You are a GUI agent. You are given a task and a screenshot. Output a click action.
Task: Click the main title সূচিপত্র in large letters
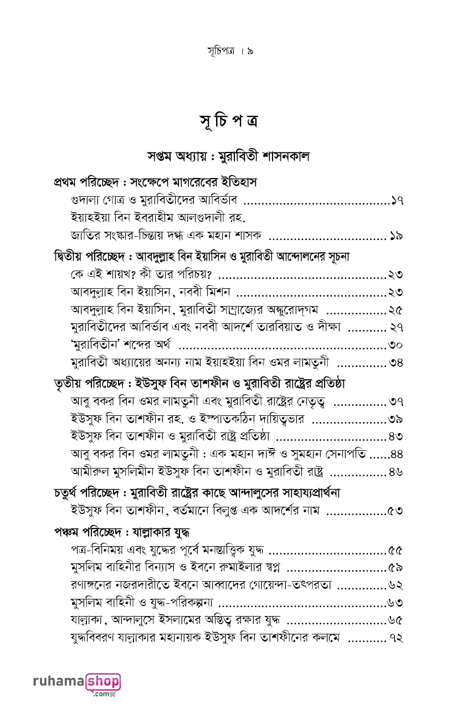(x=228, y=120)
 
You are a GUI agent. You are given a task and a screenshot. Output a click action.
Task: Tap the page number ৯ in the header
(x=250, y=52)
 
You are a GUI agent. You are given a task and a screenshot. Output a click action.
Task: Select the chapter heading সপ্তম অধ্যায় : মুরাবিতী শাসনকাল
(x=228, y=156)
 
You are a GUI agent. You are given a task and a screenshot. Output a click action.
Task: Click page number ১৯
(x=395, y=236)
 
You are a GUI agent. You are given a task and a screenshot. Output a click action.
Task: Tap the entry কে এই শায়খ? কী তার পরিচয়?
(x=144, y=274)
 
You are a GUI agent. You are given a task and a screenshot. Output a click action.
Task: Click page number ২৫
(x=395, y=309)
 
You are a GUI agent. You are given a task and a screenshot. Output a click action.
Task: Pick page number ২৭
(x=395, y=327)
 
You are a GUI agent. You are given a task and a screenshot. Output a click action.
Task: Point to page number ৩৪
(x=395, y=363)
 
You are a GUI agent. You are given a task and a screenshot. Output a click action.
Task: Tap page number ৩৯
(x=395, y=419)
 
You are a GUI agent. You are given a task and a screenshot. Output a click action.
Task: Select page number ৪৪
(x=396, y=454)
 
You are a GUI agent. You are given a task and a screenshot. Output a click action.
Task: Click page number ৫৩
(x=395, y=510)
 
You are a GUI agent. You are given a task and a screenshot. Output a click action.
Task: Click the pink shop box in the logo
(x=102, y=681)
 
